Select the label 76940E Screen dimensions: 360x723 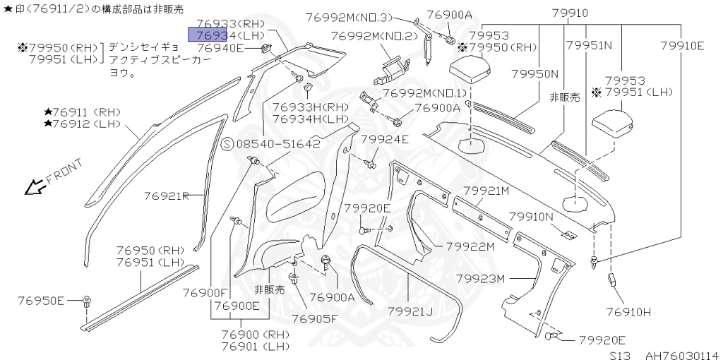click(220, 48)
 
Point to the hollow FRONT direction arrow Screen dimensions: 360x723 click(32, 186)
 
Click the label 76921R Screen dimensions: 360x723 click(167, 196)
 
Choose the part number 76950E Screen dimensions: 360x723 click(41, 301)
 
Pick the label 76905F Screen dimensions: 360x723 click(314, 319)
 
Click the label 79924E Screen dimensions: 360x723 click(385, 140)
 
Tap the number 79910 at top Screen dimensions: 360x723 click(571, 13)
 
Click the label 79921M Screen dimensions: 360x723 click(486, 191)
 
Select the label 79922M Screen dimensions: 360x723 click(470, 246)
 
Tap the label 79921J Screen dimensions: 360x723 click(410, 311)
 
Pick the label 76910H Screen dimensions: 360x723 click(628, 311)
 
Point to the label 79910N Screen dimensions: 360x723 click(533, 217)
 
